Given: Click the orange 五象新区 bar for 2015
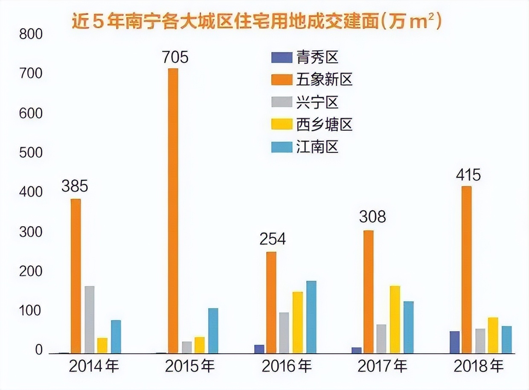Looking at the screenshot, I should [x=173, y=211].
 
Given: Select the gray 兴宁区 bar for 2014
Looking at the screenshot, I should [x=89, y=320].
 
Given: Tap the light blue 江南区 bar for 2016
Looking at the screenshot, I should [x=311, y=317].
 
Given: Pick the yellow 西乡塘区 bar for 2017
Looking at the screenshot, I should [x=395, y=320].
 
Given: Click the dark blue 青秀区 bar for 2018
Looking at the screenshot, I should [x=455, y=342].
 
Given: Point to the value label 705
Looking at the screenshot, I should [x=175, y=57].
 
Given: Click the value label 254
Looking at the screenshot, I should [x=273, y=239].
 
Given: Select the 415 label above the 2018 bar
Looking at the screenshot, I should [x=468, y=175].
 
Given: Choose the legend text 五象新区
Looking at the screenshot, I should [x=324, y=80].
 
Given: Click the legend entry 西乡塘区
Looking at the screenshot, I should [x=324, y=125].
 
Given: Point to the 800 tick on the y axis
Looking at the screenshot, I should [x=31, y=34].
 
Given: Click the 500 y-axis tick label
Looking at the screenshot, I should [x=31, y=153].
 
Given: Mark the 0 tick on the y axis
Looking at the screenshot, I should [x=39, y=351].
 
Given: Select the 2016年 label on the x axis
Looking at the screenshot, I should [x=286, y=366].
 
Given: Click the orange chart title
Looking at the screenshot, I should [x=256, y=21].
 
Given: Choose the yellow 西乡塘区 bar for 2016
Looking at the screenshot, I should [x=298, y=323].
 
